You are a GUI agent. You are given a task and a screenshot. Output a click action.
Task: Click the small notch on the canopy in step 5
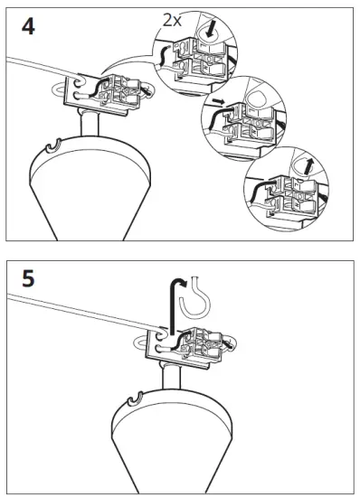point(136,399)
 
